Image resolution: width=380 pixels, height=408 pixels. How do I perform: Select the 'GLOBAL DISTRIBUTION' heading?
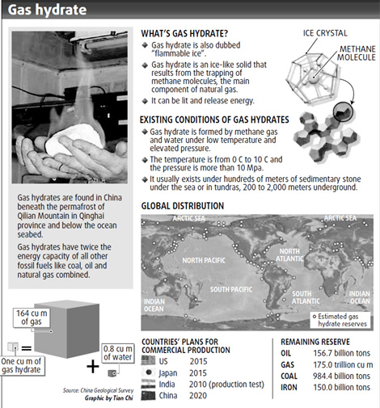tap(183, 206)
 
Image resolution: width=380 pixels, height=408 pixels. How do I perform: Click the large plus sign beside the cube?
tap(94, 365)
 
